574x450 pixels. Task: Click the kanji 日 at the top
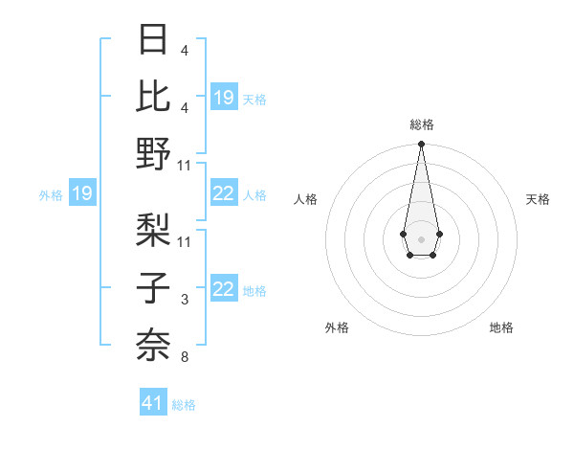point(154,40)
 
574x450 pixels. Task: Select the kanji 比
point(154,97)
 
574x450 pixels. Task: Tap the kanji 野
point(154,154)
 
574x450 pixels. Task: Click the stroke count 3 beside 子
point(184,301)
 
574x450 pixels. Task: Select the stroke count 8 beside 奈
point(184,358)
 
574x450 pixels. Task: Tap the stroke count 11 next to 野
point(185,166)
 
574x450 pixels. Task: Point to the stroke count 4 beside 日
point(184,51)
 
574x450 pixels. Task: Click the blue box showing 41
point(153,403)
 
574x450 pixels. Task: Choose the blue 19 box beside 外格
point(81,194)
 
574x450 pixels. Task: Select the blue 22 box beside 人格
point(223,194)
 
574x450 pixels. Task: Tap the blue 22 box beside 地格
point(223,290)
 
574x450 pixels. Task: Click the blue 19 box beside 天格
point(223,98)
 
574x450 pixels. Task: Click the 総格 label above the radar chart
point(421,124)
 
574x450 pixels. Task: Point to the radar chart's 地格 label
point(501,327)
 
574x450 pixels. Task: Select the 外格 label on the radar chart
point(337,327)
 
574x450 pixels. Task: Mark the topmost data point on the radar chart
point(421,145)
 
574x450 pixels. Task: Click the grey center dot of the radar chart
point(421,238)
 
